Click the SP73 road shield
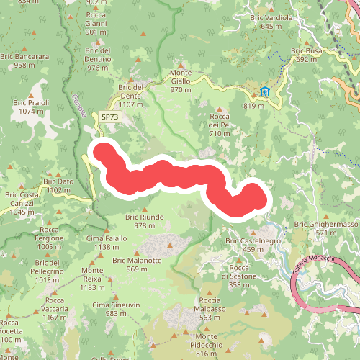tap(110, 116)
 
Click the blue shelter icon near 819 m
tap(266, 91)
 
